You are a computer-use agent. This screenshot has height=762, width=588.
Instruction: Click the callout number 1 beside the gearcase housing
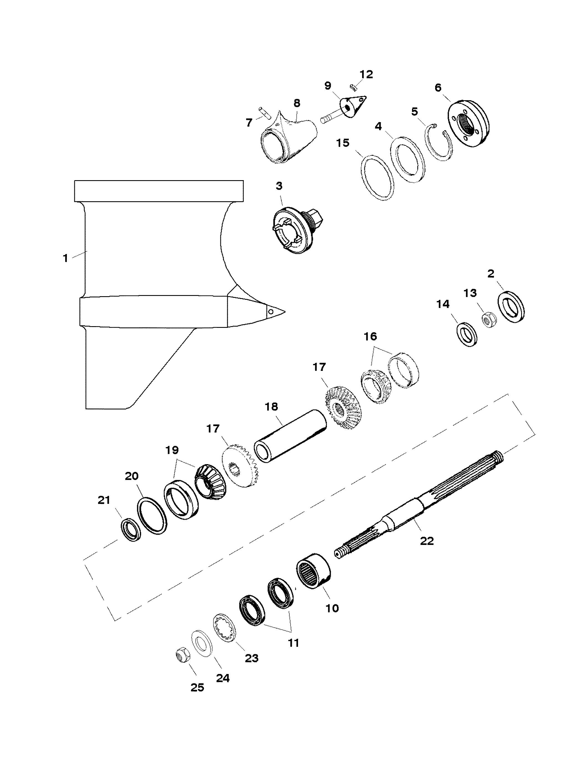pos(65,258)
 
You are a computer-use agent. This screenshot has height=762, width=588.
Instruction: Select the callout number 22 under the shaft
pos(427,541)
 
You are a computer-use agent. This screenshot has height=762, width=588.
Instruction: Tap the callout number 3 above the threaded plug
pos(279,186)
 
